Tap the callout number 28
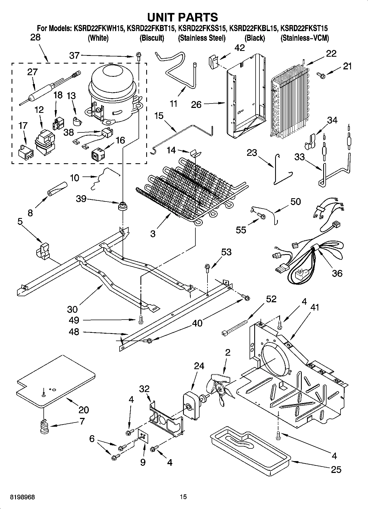(x=35, y=37)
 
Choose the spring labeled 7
(x=44, y=427)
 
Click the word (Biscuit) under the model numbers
(x=152, y=38)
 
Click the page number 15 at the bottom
(x=183, y=497)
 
